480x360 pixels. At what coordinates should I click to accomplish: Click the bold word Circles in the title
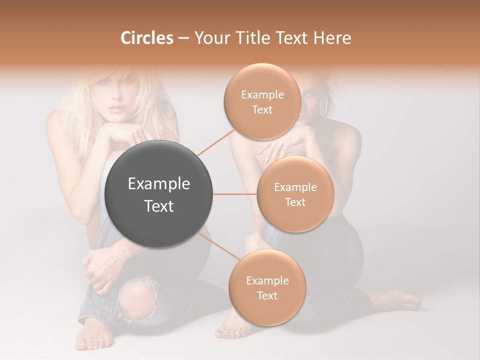147,38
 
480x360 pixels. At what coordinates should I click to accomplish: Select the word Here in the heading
332,38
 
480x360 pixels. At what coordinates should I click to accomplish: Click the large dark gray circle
158,194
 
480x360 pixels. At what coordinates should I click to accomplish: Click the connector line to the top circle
216,142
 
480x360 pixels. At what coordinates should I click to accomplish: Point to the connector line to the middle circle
234,194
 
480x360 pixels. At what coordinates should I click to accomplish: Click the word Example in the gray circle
158,184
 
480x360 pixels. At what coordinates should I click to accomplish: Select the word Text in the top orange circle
262,110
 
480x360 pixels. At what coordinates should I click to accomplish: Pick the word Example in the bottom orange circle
267,281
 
